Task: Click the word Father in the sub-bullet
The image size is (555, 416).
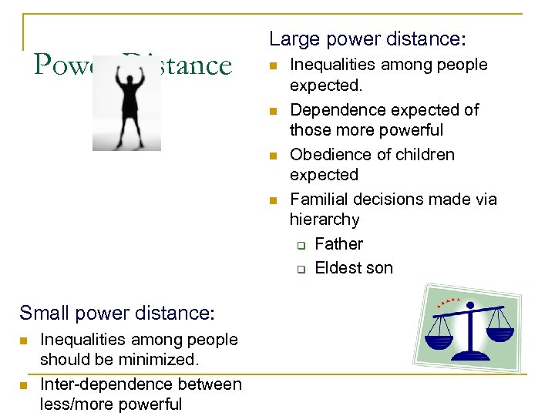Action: pos(338,244)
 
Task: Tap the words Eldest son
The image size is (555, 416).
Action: pos(354,268)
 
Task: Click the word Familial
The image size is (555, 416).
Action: pos(318,200)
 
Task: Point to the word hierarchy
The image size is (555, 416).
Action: pos(325,220)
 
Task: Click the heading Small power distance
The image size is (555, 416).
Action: pos(116,313)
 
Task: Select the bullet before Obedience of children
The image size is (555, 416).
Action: pos(273,156)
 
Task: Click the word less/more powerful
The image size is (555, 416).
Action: pos(110,404)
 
